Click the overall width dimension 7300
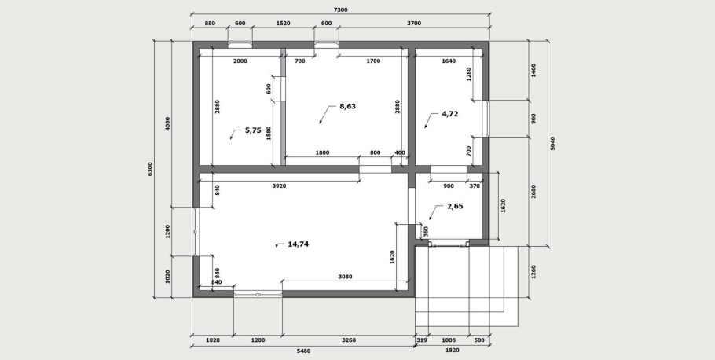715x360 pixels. click(x=340, y=9)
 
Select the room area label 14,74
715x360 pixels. click(x=298, y=244)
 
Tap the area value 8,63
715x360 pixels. click(x=347, y=106)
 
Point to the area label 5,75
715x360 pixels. click(x=253, y=130)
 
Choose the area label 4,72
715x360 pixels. click(x=449, y=114)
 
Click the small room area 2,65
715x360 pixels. click(x=455, y=206)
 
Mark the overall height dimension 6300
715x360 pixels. click(x=150, y=169)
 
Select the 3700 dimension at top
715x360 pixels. click(x=413, y=24)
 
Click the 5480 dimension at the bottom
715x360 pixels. click(x=302, y=351)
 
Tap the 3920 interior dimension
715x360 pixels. click(x=279, y=186)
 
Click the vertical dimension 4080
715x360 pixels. click(x=167, y=124)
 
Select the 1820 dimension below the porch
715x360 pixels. click(x=453, y=351)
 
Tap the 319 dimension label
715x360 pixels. click(x=422, y=340)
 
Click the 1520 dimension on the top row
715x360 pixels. click(x=283, y=24)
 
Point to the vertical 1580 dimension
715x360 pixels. click(x=269, y=133)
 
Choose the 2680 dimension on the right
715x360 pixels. click(x=533, y=191)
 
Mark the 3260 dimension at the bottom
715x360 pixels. click(x=347, y=340)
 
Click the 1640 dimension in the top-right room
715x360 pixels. click(x=448, y=61)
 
